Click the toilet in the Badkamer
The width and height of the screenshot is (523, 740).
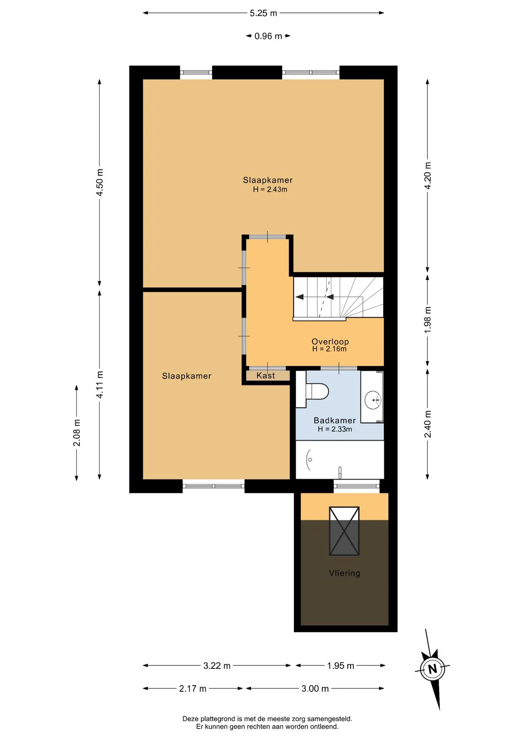[312, 390]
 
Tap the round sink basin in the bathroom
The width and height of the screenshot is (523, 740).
[373, 400]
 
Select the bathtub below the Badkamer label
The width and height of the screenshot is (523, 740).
[340, 460]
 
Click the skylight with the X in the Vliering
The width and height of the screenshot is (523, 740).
[344, 531]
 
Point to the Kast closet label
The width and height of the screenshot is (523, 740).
[266, 375]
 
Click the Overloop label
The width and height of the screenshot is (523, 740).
[330, 341]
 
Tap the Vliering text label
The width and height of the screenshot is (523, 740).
[345, 573]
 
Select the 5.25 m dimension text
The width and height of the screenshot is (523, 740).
[263, 13]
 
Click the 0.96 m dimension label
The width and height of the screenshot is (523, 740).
[268, 36]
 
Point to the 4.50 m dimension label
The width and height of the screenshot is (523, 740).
[100, 182]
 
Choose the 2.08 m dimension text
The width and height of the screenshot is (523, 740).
[77, 433]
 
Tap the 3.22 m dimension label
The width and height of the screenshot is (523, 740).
[217, 666]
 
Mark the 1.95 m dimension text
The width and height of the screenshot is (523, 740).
[341, 666]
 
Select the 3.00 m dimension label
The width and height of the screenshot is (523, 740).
[315, 689]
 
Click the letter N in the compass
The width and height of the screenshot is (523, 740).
[433, 669]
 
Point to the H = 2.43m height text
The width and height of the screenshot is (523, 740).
[270, 189]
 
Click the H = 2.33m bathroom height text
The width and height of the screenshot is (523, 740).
[335, 429]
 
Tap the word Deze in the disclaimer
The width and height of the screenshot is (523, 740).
[190, 719]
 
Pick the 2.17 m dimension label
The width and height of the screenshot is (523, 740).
[193, 689]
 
